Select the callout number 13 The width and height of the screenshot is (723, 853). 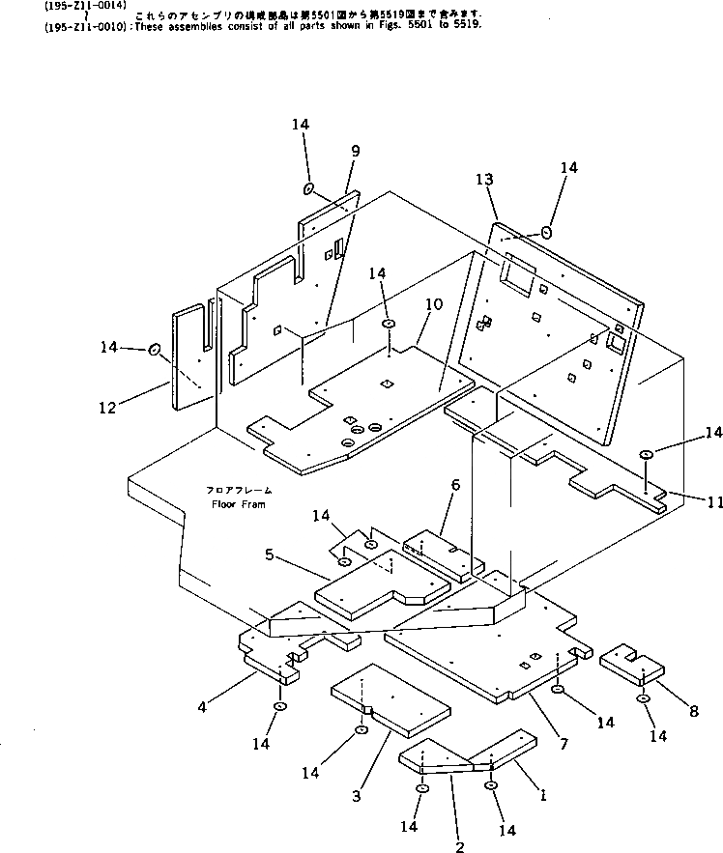click(x=484, y=179)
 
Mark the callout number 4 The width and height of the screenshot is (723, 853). click(x=202, y=706)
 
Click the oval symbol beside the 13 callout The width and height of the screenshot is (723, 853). click(x=547, y=232)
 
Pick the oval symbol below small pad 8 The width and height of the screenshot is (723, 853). click(x=643, y=698)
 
